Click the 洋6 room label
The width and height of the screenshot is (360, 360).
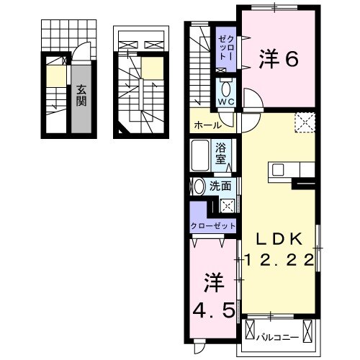[x=278, y=60]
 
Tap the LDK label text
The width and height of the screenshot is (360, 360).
[x=281, y=239]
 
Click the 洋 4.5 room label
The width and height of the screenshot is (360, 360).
[x=212, y=295]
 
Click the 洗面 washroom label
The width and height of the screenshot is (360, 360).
[x=220, y=186]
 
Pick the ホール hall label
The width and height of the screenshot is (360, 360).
[x=207, y=125]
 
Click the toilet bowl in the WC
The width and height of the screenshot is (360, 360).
[x=227, y=91]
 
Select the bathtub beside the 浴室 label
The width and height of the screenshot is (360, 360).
[x=201, y=154]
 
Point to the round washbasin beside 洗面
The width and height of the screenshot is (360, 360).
[x=199, y=186]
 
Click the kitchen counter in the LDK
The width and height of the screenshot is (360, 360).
[x=292, y=171]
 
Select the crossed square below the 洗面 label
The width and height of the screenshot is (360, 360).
[x=226, y=204]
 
